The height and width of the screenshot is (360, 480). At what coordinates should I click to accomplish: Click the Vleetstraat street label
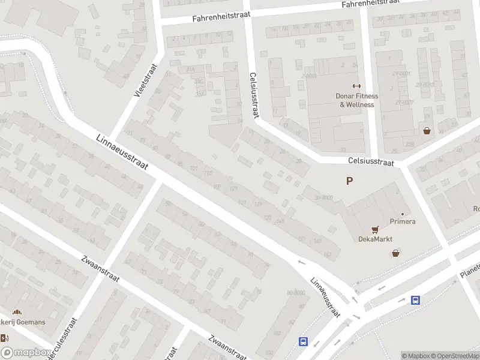click(145, 81)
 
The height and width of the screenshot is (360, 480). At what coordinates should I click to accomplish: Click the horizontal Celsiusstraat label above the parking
click(371, 162)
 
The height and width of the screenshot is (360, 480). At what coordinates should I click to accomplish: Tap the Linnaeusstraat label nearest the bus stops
click(325, 298)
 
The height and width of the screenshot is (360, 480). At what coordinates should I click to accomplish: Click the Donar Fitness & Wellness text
click(356, 100)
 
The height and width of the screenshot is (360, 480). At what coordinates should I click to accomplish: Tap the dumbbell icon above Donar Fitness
click(356, 86)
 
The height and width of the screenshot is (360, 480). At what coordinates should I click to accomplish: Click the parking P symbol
click(349, 181)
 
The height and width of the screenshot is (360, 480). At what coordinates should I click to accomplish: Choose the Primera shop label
click(402, 221)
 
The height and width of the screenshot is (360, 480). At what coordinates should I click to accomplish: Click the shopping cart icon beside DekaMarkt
click(376, 229)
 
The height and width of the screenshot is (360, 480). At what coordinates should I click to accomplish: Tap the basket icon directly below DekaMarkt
click(395, 253)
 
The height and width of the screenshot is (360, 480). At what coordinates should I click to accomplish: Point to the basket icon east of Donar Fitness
click(427, 130)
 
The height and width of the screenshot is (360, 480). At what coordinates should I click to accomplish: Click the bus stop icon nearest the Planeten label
click(415, 300)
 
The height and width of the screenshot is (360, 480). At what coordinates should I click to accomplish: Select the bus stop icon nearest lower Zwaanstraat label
click(303, 341)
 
